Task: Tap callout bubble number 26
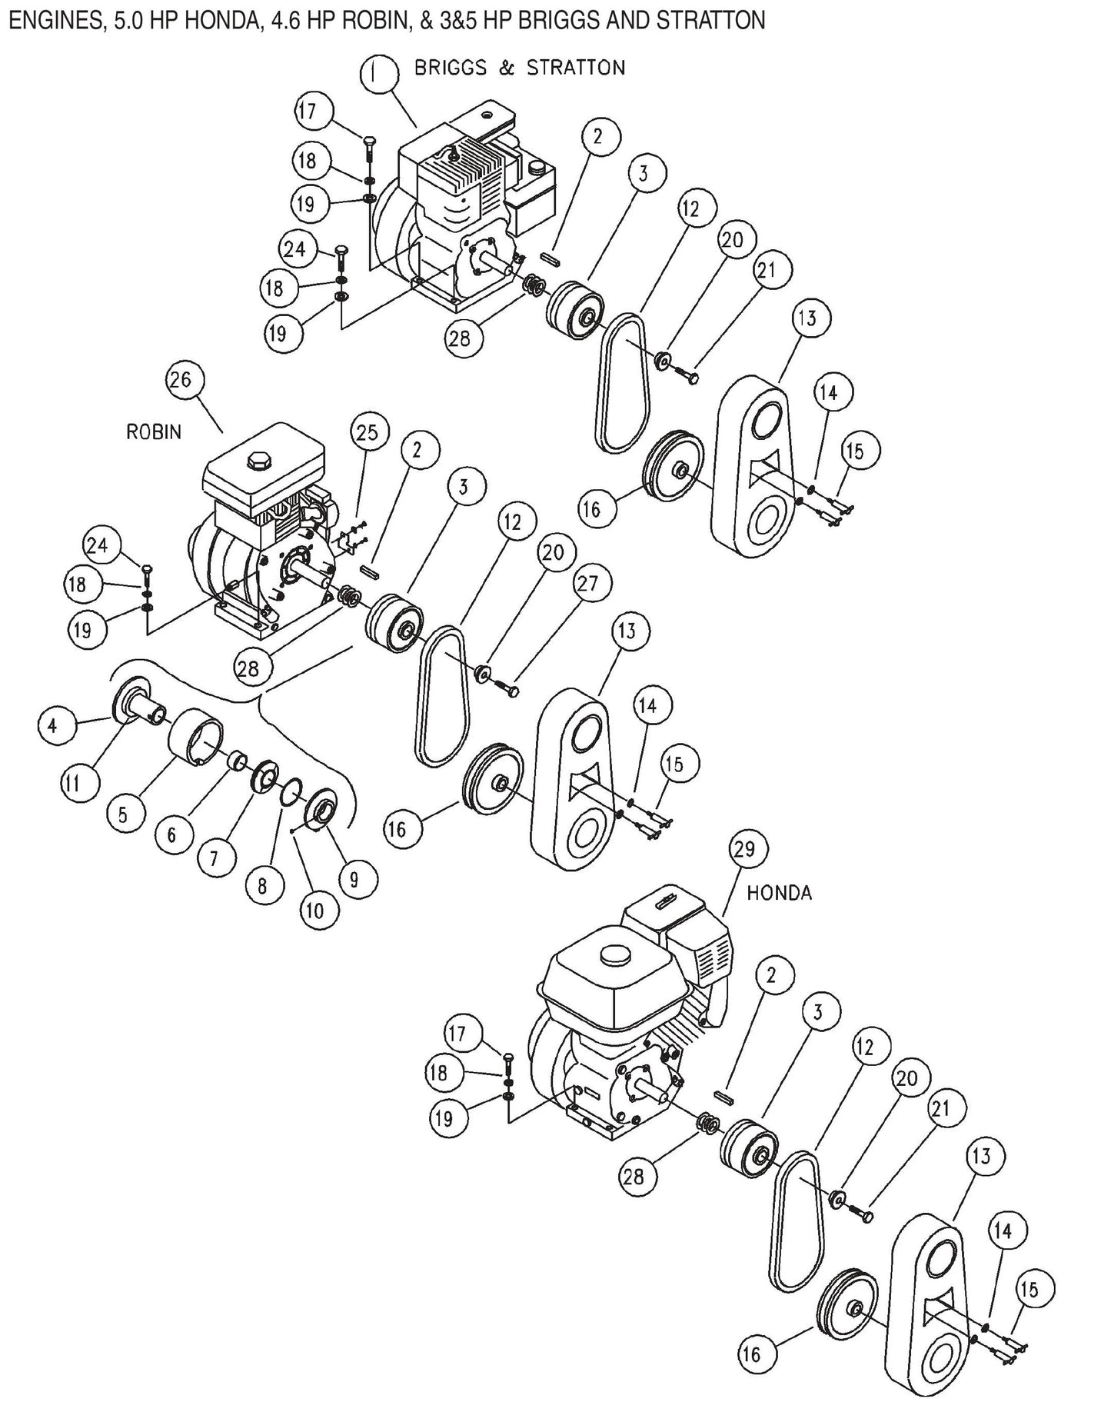point(185,381)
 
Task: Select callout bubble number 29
point(744,849)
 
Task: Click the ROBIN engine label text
point(154,432)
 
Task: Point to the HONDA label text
point(779,893)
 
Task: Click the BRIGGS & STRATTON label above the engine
point(520,68)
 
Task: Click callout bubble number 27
point(587,584)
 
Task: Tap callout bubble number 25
point(368,433)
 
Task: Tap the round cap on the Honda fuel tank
point(613,954)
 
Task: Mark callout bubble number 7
point(213,858)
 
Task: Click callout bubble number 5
point(123,815)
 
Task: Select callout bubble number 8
point(262,887)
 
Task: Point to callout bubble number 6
point(171,834)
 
